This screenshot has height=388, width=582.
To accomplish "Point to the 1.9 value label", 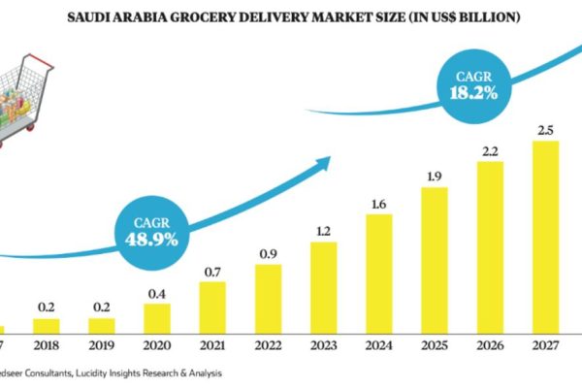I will pos(435,176).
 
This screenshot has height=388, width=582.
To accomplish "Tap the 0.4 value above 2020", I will pos(155,292).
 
